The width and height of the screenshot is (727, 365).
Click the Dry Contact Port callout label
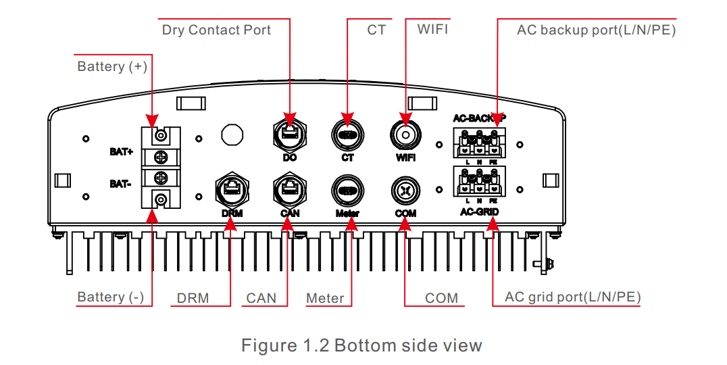coord(216,30)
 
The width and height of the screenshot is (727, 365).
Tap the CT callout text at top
coord(376,30)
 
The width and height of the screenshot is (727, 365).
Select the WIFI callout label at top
coord(432,30)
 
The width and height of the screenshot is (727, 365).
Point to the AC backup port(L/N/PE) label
coord(596,30)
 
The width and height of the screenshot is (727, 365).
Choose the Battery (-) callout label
coord(110,297)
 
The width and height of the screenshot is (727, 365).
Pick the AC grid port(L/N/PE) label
coord(573,297)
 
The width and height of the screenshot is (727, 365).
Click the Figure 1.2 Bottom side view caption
coord(361,346)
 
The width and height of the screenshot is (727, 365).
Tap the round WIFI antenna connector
coord(405,135)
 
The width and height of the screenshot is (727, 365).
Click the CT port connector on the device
coord(347,134)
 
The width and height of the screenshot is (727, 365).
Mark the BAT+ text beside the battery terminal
coord(122,152)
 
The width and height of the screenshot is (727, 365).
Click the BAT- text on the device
coord(122,182)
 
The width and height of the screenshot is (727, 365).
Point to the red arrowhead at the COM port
coord(404,225)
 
